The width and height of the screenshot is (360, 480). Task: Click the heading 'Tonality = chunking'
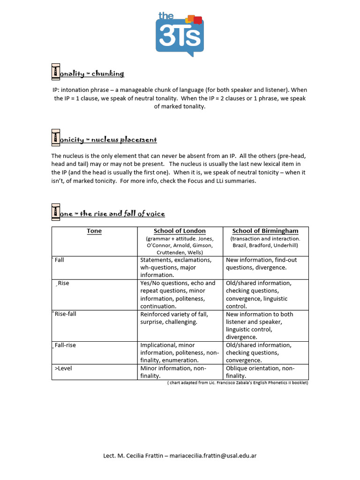tap(88, 74)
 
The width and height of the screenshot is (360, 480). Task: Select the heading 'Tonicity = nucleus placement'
tap(104, 140)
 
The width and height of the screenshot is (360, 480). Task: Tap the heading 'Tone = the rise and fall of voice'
tap(108, 214)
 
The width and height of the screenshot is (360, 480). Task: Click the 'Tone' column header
tap(94, 231)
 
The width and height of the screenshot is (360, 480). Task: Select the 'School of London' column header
tap(180, 231)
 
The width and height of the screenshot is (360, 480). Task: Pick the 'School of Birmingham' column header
tap(265, 231)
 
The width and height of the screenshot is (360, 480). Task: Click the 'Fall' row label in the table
tap(59, 260)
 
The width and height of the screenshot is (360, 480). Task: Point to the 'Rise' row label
tap(63, 283)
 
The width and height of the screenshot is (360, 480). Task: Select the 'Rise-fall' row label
tap(65, 314)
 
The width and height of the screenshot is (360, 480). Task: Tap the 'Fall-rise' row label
tap(65, 345)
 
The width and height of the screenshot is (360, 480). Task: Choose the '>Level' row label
tap(63, 368)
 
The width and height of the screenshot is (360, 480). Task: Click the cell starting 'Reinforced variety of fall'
tap(174, 318)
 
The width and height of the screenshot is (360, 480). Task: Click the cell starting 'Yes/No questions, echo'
tap(178, 294)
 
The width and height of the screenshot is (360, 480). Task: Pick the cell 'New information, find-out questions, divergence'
tap(261, 263)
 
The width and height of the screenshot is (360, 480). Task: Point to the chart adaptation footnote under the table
tap(238, 382)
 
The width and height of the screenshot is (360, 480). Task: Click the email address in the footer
tap(213, 456)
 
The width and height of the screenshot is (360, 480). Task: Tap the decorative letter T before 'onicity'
tap(56, 139)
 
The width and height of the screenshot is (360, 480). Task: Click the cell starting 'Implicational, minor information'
tap(179, 352)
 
